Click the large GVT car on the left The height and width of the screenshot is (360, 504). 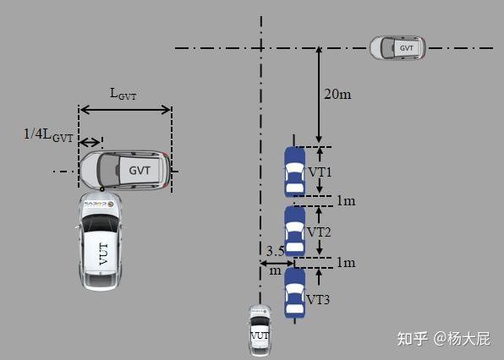pyautogui.click(x=125, y=169)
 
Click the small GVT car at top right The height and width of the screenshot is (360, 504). pyautogui.click(x=397, y=48)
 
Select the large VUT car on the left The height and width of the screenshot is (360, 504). pyautogui.click(x=101, y=242)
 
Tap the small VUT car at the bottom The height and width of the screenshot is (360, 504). pyautogui.click(x=260, y=329)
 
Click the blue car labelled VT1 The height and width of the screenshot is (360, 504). pyautogui.click(x=293, y=172)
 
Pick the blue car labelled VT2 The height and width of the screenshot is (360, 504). pyautogui.click(x=294, y=231)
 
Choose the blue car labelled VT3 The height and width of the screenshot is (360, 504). pyautogui.click(x=294, y=292)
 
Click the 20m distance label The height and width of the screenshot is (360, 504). pyautogui.click(x=337, y=94)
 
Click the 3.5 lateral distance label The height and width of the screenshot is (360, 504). pyautogui.click(x=274, y=251)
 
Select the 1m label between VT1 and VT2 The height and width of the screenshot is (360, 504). pyautogui.click(x=346, y=201)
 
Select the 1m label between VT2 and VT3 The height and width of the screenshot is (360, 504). pyautogui.click(x=346, y=262)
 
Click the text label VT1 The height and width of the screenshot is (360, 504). pyautogui.click(x=320, y=172)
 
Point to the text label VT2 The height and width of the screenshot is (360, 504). pyautogui.click(x=319, y=232)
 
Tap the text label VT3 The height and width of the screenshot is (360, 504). pyautogui.click(x=318, y=299)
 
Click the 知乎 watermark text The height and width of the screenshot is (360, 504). pyautogui.click(x=412, y=338)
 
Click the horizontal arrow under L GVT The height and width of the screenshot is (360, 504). pyautogui.click(x=125, y=108)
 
